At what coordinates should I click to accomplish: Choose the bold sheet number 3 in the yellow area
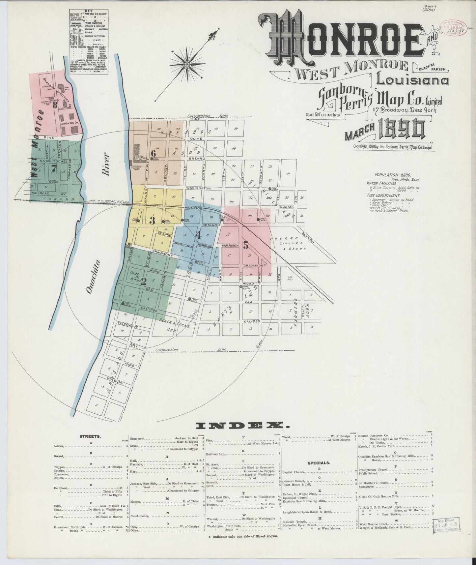click(152, 221)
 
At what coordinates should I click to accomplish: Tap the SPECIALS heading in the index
click(319, 462)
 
